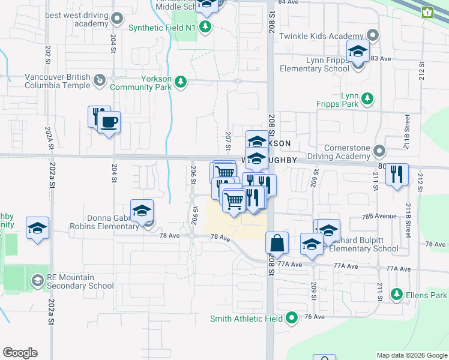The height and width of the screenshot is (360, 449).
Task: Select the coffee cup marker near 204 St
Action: [109, 123]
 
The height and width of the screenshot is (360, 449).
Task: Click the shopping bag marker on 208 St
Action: [277, 244]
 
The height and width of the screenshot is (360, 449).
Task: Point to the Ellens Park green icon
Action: [396, 295]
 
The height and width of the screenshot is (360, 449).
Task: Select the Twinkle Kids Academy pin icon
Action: [374, 36]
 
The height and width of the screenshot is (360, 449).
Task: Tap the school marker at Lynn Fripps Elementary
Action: [358, 52]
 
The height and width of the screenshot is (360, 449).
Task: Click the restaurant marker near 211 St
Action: [397, 175]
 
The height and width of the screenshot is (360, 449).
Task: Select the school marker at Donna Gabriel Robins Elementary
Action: [142, 211]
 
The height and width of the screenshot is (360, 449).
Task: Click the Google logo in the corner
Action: [20, 353]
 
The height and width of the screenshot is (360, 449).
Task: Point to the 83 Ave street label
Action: [381, 58]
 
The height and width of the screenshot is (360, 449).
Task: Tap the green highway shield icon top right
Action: [427, 12]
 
